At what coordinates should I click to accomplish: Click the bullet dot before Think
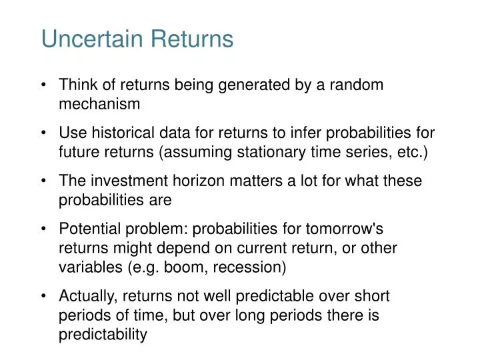[x=43, y=85]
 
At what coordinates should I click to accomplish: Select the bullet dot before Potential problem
[x=43, y=229]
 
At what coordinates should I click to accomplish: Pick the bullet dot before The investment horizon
[x=43, y=181]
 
